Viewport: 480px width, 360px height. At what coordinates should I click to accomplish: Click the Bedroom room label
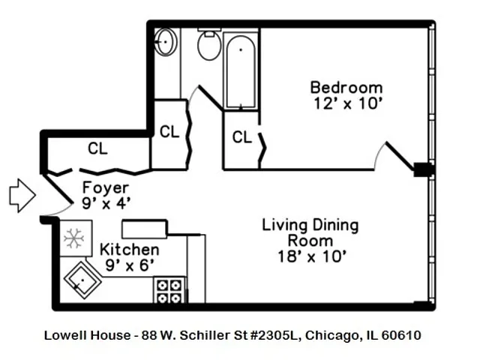coord(346,88)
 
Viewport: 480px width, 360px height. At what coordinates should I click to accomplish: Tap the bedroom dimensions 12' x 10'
coord(346,104)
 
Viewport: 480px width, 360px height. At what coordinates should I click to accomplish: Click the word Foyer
coord(105,188)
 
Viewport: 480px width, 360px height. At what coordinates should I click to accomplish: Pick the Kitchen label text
coord(129,249)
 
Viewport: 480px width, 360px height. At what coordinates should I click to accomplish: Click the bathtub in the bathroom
coord(241,69)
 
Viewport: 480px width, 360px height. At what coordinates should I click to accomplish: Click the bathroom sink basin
coord(165,41)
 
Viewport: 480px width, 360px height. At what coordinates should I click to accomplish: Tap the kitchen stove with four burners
coord(169,290)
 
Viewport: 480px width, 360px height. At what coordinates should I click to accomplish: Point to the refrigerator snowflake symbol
coord(73,238)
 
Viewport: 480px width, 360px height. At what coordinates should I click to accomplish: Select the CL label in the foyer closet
coord(97,148)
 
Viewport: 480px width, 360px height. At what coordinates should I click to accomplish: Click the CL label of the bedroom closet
coord(241,137)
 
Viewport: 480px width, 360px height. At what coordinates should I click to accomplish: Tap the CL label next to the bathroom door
coord(169,131)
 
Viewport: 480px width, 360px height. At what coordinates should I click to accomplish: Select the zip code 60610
coord(401,335)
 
